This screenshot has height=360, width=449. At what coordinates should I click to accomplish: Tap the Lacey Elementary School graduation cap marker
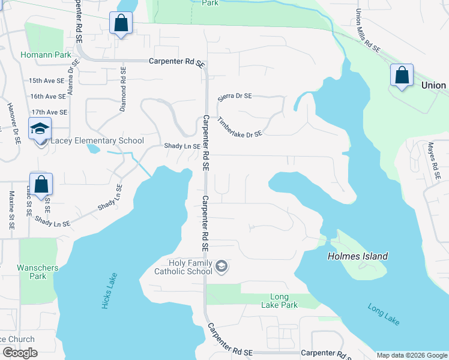41,129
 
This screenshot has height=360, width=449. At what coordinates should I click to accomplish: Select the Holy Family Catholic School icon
221,266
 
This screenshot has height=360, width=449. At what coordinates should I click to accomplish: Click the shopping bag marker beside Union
402,76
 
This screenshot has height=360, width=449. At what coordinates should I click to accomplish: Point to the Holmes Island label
357,256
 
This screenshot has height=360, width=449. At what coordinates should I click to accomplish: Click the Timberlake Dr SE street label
240,127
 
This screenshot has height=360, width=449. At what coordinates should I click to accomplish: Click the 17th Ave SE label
49,112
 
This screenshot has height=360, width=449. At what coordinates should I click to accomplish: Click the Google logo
20,353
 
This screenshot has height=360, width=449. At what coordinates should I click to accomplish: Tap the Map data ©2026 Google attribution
411,355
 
